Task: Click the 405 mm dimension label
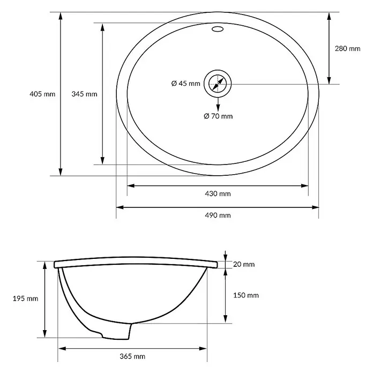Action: [x=42, y=94]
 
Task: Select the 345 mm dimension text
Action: [x=85, y=94]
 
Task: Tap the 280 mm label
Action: [x=348, y=49]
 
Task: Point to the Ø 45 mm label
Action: [x=186, y=83]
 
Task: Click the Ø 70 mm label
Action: [x=218, y=116]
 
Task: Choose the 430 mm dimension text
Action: [x=218, y=193]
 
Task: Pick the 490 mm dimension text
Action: [x=218, y=215]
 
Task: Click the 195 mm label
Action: [x=25, y=299]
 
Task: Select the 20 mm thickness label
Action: [x=244, y=264]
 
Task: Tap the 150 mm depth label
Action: [x=246, y=295]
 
